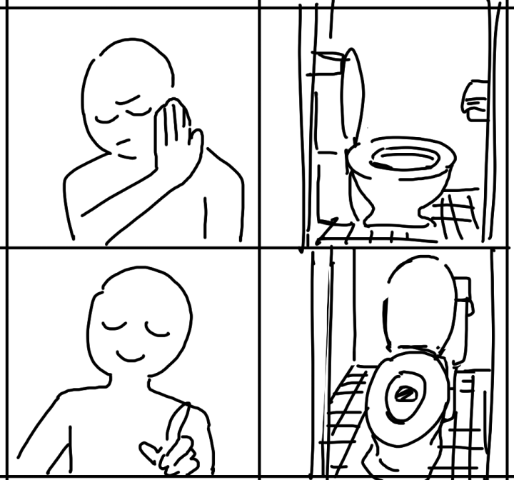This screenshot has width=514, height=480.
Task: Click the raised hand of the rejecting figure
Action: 175,136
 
